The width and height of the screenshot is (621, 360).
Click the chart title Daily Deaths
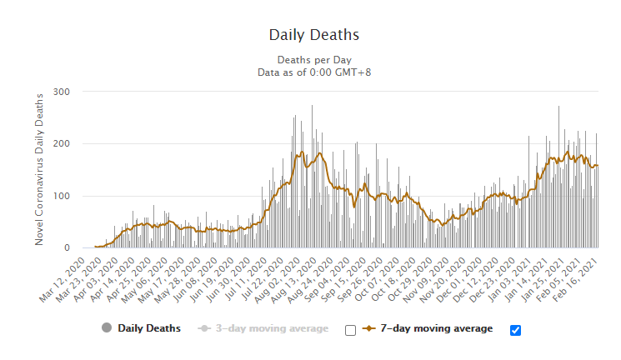pyautogui.click(x=313, y=35)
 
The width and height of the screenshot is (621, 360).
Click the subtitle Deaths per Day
pyautogui.click(x=313, y=60)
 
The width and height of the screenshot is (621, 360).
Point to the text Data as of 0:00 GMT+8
pyautogui.click(x=313, y=72)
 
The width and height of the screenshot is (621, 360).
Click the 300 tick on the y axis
pyautogui.click(x=62, y=92)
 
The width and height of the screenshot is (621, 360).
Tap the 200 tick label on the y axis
pyautogui.click(x=62, y=144)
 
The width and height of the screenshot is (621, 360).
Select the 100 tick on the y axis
pyautogui.click(x=62, y=196)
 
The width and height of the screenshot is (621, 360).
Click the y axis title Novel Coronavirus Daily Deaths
pyautogui.click(x=39, y=169)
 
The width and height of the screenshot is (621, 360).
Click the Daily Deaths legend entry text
pyautogui.click(x=149, y=328)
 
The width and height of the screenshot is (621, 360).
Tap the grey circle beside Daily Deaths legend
pyautogui.click(x=107, y=328)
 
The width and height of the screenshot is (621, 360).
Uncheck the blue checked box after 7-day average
pyautogui.click(x=515, y=330)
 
